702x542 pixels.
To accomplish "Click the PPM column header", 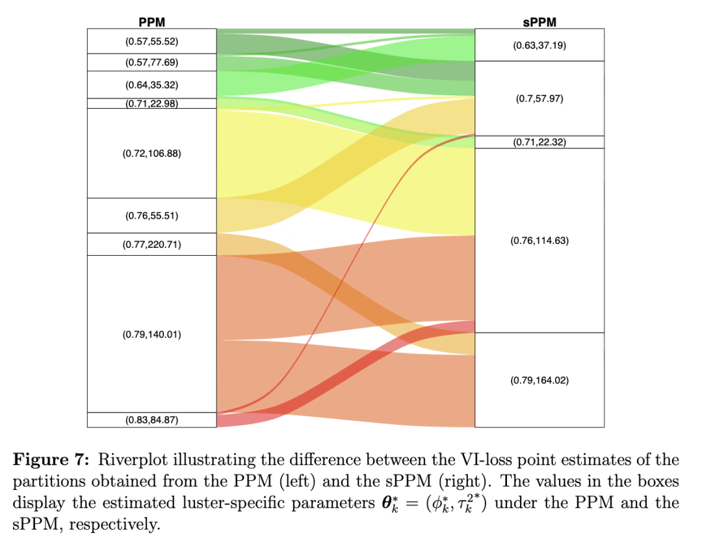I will pos(151,22).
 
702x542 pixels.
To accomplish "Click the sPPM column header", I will pos(539,22).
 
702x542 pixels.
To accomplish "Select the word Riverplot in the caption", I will pos(127,460).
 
